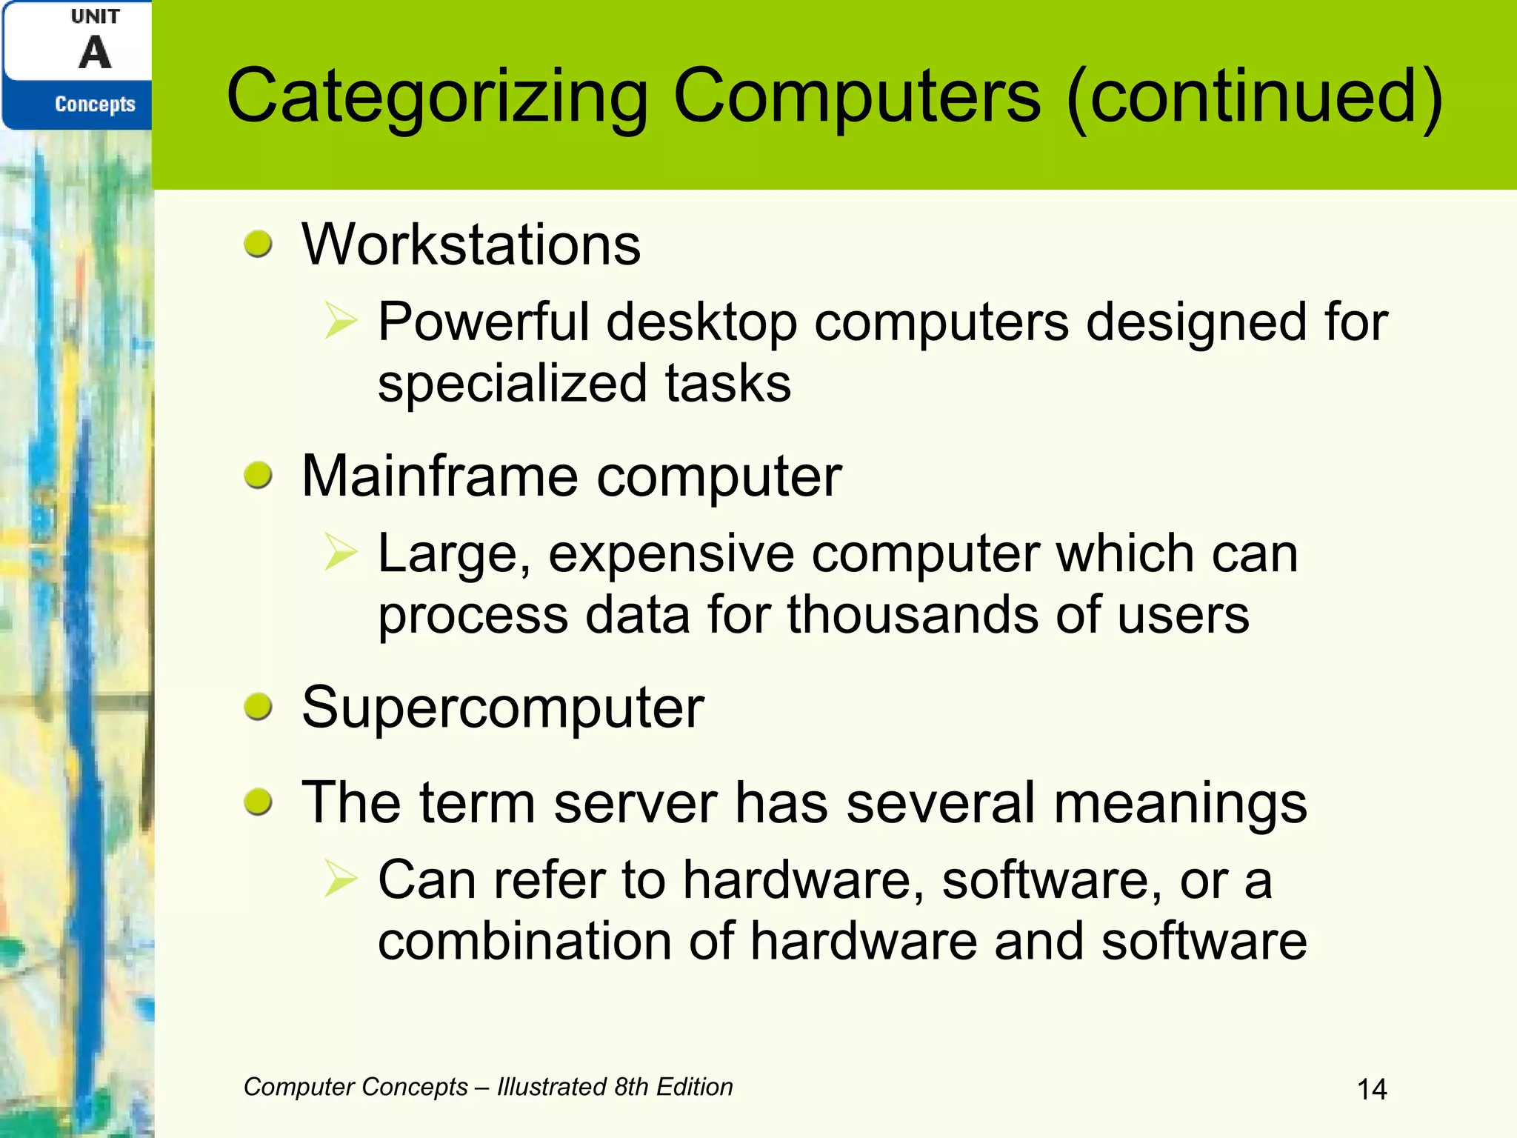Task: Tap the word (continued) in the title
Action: pyautogui.click(x=1254, y=96)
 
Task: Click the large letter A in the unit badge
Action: pyautogui.click(x=95, y=53)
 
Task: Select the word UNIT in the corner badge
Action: pyautogui.click(x=95, y=16)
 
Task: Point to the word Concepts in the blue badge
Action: pyautogui.click(x=95, y=104)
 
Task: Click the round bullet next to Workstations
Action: pyautogui.click(x=258, y=244)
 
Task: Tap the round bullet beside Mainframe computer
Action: pyautogui.click(x=258, y=475)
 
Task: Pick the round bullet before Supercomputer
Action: pyautogui.click(x=258, y=706)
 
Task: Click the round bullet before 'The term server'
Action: pyautogui.click(x=258, y=802)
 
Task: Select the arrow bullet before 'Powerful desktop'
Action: pyautogui.click(x=341, y=322)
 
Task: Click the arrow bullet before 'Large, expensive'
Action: pyautogui.click(x=341, y=553)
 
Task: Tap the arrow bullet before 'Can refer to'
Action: pyautogui.click(x=341, y=879)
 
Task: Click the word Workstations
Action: pyautogui.click(x=471, y=244)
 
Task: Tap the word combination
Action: pyautogui.click(x=524, y=942)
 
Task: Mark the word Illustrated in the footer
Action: pyautogui.click(x=552, y=1087)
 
